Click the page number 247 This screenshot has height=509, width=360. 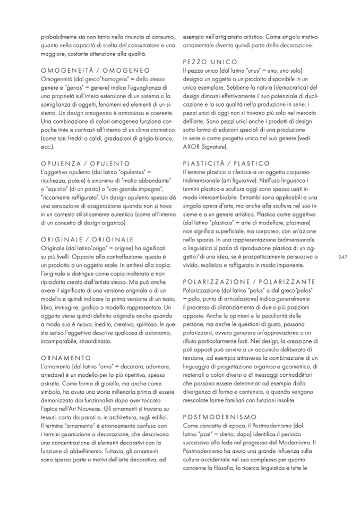tap(342, 257)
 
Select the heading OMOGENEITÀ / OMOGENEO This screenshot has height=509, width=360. tap(88, 71)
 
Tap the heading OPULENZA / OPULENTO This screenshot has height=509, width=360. tap(85, 164)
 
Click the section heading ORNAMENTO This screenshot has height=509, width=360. tap(66, 343)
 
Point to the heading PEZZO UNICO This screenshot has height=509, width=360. tap(207, 62)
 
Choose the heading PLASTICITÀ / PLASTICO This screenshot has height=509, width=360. tap(226, 163)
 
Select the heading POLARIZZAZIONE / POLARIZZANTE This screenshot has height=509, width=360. tap(248, 281)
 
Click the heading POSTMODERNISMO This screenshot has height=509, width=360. tap(219, 417)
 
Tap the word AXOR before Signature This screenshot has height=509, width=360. tap(191, 146)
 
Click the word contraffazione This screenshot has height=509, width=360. tap(118, 257)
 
